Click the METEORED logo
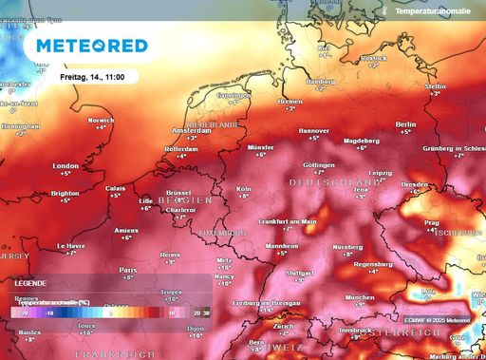coord(92,46)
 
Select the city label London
coord(65,164)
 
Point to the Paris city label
coord(128,270)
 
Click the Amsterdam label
coord(190,130)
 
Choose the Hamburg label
coord(322,82)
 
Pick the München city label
coord(359,297)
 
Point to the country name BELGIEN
coord(186,201)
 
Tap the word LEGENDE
coord(30,283)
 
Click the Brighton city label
coord(65,193)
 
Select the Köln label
coord(244,189)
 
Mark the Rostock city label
coord(374,58)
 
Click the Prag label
coord(431,223)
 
